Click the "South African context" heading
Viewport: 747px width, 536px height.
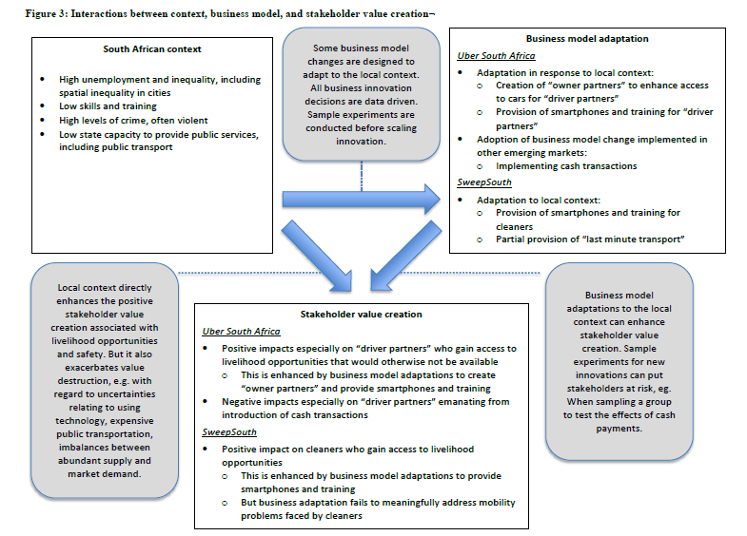(x=151, y=49)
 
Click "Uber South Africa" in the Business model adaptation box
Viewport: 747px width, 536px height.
(x=496, y=55)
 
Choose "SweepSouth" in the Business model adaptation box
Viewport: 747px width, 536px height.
(x=482, y=183)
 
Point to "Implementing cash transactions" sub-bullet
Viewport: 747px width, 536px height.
(x=553, y=166)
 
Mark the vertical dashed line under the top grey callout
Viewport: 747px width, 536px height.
(x=363, y=173)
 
